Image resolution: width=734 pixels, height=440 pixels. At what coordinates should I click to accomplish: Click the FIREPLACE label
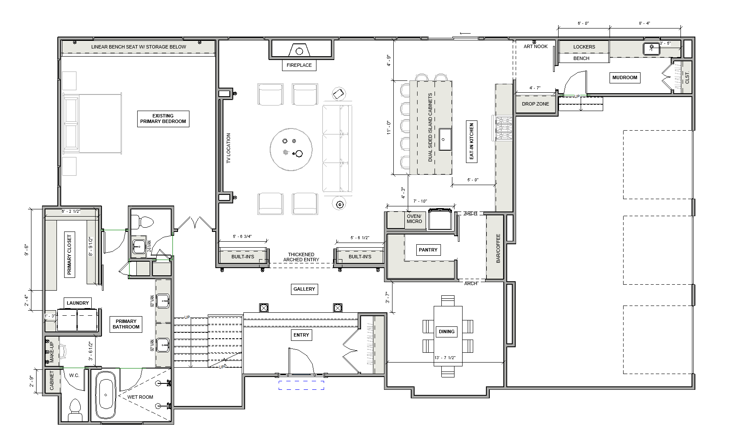299,65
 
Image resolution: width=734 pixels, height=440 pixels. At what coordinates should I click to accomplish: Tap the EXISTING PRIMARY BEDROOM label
163,119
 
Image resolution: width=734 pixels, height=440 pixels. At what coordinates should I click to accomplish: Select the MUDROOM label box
625,77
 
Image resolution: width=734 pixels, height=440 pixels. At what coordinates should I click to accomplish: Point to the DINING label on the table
446,331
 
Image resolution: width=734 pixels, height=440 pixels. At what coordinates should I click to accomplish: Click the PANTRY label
428,250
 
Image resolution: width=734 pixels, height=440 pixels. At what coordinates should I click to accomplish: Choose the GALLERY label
304,289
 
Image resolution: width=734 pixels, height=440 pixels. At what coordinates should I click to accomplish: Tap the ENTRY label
301,335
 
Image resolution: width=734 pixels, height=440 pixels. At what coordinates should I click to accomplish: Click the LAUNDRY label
78,303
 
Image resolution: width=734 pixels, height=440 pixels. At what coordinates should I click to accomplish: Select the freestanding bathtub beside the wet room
105,395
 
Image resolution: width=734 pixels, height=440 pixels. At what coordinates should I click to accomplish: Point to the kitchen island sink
444,139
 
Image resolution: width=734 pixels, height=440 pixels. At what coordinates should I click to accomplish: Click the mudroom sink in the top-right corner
651,49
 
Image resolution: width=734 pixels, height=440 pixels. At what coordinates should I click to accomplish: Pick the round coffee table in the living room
291,150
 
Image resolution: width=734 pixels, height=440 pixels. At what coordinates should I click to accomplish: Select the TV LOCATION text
228,149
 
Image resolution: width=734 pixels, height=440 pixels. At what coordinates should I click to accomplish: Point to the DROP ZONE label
535,104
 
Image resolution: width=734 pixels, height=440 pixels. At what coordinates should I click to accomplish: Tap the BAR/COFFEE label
498,248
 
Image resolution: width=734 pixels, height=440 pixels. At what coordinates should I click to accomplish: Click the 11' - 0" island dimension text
388,127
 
